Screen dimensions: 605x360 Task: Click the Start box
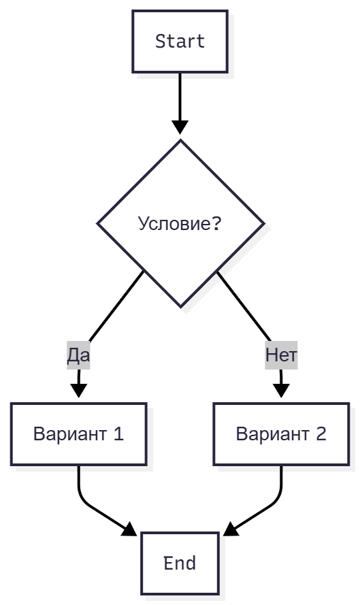coord(180,42)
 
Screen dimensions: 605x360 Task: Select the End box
coord(180,563)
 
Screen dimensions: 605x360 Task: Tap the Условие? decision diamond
coord(180,223)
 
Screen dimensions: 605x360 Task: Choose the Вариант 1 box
coord(78,434)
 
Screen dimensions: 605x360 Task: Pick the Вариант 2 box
coord(281,434)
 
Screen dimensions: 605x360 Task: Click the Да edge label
coord(78,355)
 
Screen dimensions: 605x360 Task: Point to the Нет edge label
coord(281,355)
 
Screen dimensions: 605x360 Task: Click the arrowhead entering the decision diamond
coord(180,127)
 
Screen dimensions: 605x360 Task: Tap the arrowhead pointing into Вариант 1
coord(79,390)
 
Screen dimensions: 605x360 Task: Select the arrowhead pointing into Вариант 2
coord(281,390)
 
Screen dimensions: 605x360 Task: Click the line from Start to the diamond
coord(180,95)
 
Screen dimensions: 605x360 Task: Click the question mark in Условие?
coord(216,224)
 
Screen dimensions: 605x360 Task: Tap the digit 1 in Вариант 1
coord(118,434)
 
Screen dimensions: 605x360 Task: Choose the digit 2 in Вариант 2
coord(321,434)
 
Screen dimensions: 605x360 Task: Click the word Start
coord(180,42)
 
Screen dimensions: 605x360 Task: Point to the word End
coord(180,563)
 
